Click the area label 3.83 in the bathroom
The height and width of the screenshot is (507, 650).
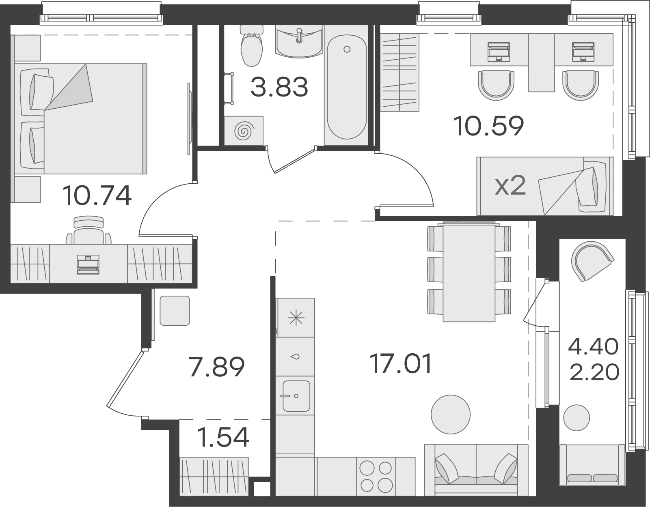279,87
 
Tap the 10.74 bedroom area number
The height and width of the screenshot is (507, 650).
97,195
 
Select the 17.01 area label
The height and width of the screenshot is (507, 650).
401,363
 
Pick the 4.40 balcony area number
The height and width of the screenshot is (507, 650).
593,346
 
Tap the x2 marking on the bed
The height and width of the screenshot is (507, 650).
510,186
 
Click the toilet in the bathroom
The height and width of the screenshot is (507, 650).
252,46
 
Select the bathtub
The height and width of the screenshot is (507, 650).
347,87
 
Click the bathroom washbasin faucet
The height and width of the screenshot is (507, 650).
299,36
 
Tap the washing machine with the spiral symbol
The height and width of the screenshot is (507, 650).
244,131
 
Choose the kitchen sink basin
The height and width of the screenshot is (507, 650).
296,396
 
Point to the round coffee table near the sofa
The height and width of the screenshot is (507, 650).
451,415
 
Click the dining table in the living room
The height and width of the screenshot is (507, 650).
469,272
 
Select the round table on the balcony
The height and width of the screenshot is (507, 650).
577,418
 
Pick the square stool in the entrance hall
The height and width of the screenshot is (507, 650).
175,311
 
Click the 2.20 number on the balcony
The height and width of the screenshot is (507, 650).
594,372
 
